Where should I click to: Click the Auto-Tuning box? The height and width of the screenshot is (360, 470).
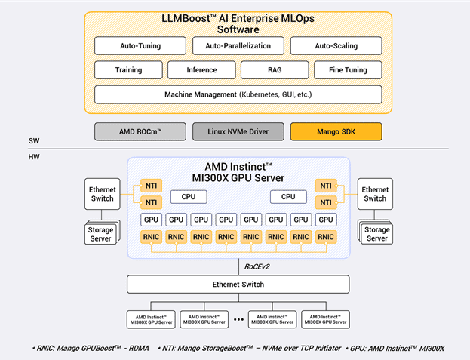(140, 45)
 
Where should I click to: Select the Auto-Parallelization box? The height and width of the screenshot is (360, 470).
(238, 45)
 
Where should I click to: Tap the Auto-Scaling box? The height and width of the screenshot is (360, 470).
(336, 45)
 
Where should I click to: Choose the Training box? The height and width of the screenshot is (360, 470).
(128, 70)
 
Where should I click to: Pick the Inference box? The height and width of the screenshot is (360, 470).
(202, 70)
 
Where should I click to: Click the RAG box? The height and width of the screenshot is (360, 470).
(274, 70)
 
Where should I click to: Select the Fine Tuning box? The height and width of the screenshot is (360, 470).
(348, 70)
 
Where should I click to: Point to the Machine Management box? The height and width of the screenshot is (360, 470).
(238, 95)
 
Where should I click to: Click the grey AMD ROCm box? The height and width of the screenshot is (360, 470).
(140, 131)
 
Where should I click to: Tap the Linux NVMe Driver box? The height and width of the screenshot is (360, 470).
(238, 131)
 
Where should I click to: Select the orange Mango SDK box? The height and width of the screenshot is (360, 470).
(336, 131)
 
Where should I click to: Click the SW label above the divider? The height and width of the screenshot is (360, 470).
(34, 141)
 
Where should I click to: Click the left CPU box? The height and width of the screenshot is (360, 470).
(188, 197)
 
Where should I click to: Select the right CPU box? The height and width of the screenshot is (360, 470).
(288, 197)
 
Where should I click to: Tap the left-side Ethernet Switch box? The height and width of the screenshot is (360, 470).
(102, 194)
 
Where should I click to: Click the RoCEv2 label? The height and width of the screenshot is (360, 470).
(258, 266)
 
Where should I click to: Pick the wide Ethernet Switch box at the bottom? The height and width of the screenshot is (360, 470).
(238, 285)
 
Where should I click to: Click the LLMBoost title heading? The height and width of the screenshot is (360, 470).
(238, 23)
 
